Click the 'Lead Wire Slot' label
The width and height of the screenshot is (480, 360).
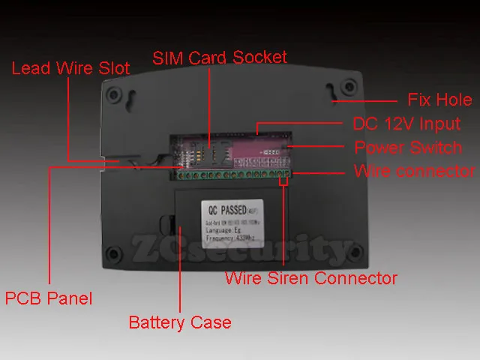(70, 68)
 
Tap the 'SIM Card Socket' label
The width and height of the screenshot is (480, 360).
(219, 58)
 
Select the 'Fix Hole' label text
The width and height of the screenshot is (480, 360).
(439, 100)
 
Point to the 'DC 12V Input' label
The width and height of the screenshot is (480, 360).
(406, 124)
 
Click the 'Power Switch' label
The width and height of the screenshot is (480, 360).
(408, 147)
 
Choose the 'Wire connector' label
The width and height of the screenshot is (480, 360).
(414, 171)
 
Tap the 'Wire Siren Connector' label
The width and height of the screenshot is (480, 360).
(311, 278)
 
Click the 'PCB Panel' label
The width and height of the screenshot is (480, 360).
(49, 298)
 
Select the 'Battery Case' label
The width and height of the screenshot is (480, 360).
(180, 322)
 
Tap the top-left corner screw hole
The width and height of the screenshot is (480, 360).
(114, 95)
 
